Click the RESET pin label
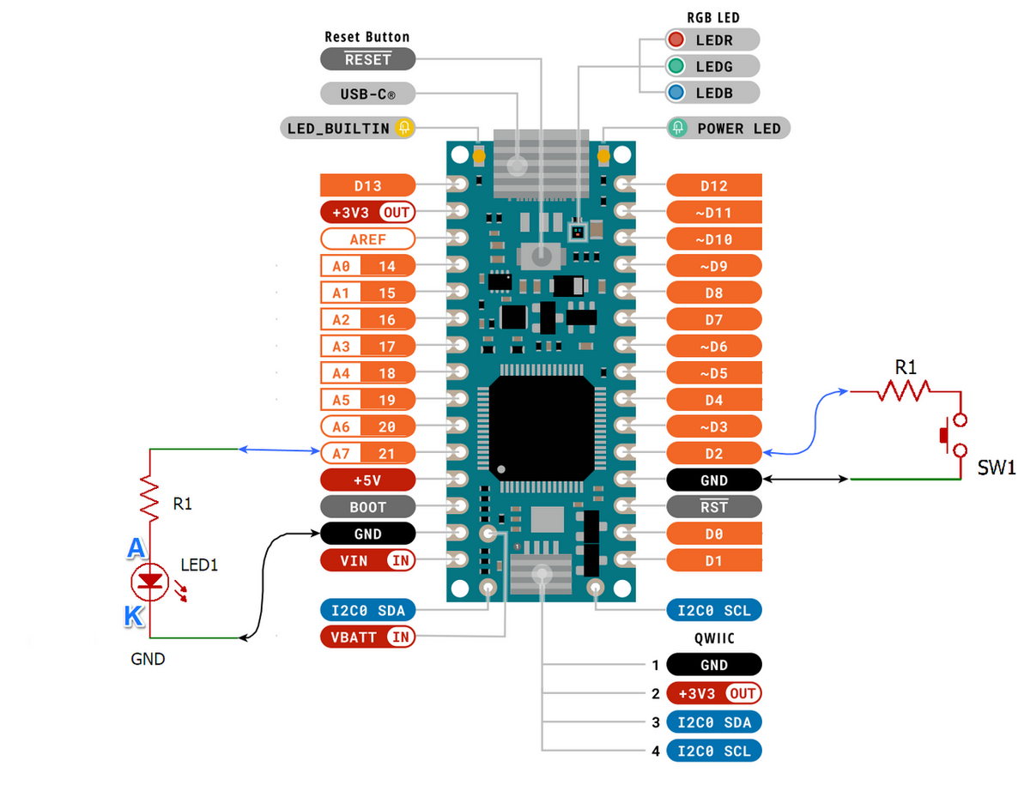367,58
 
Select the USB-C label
367,93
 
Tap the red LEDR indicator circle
676,39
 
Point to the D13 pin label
367,185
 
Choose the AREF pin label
367,239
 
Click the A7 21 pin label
367,452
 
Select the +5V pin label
367,479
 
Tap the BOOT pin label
367,506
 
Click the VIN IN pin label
367,560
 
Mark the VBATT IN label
367,637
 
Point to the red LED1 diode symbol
152,582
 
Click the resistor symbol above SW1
903,391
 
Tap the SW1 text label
997,468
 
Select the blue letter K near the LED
133,616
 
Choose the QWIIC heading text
713,638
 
